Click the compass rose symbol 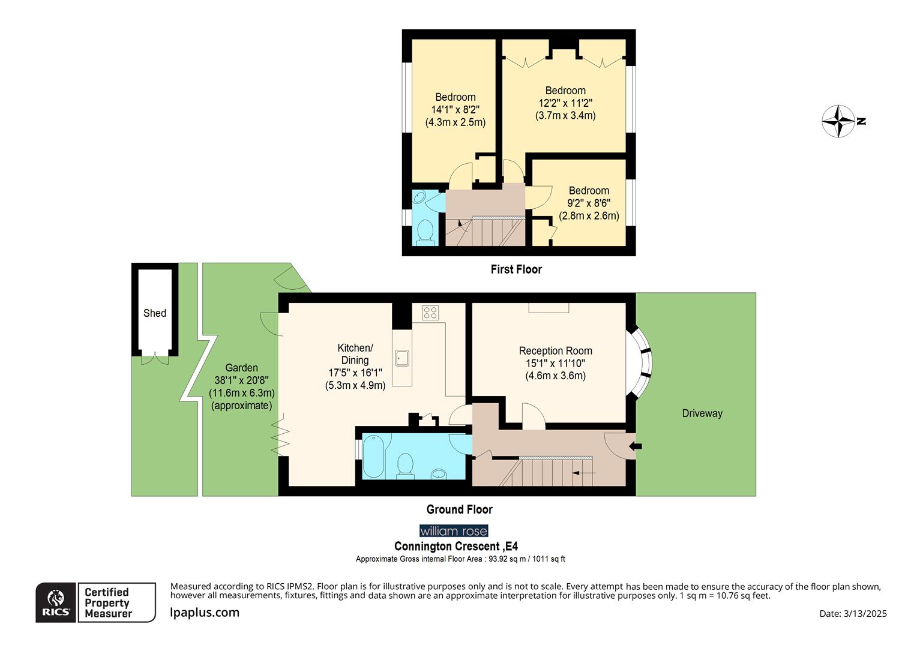click(x=838, y=121)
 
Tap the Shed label click(x=155, y=313)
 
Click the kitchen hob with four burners click(x=430, y=313)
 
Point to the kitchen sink click(x=401, y=358)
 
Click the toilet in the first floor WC click(x=425, y=232)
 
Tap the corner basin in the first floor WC click(x=420, y=198)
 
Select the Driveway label click(x=702, y=413)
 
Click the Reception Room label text click(x=555, y=351)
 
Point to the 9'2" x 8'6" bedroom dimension click(x=589, y=203)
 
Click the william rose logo click(x=454, y=531)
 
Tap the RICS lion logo click(x=56, y=602)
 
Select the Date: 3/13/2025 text click(x=853, y=613)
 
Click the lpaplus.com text click(x=205, y=613)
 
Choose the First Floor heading click(x=516, y=269)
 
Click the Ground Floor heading click(x=459, y=509)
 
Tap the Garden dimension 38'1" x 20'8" click(x=241, y=380)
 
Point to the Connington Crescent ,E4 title click(x=455, y=547)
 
